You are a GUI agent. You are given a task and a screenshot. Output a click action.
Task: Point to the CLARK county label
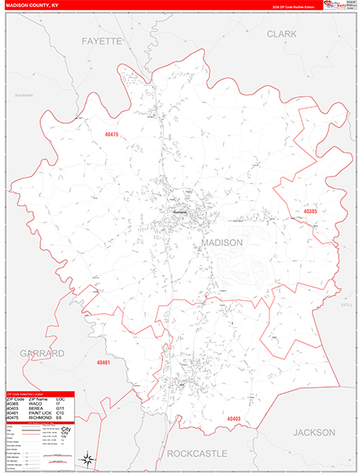point(280,34)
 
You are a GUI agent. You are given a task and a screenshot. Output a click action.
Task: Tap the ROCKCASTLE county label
point(196,453)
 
